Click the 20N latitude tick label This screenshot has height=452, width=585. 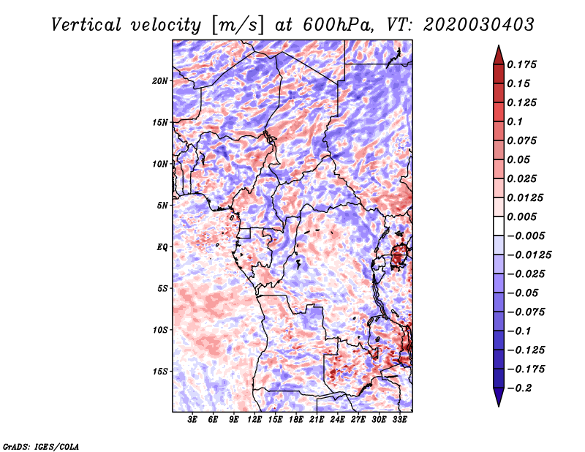coord(160,81)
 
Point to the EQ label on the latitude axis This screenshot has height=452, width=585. coord(162,247)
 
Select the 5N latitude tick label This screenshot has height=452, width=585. coord(162,206)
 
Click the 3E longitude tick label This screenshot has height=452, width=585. coord(192,420)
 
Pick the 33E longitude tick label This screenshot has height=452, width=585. coord(399,420)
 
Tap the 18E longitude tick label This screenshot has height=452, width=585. coord(296,420)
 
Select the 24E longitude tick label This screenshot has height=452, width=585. coord(337,420)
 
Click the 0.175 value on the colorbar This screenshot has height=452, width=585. coord(521,64)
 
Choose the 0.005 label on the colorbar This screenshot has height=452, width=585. coord(521,216)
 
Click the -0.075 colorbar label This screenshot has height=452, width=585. coord(525,312)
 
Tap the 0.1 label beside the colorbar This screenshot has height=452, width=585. coord(515,121)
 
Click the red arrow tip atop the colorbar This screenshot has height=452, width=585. coord(499,46)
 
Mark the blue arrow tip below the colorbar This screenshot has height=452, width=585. coord(499,405)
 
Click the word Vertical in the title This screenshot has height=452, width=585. coord(86,25)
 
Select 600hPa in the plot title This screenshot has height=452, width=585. coord(338,25)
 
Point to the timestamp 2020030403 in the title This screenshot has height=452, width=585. coord(479,25)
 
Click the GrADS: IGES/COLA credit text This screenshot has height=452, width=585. coord(41,447)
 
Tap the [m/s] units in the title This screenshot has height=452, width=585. coord(238,26)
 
